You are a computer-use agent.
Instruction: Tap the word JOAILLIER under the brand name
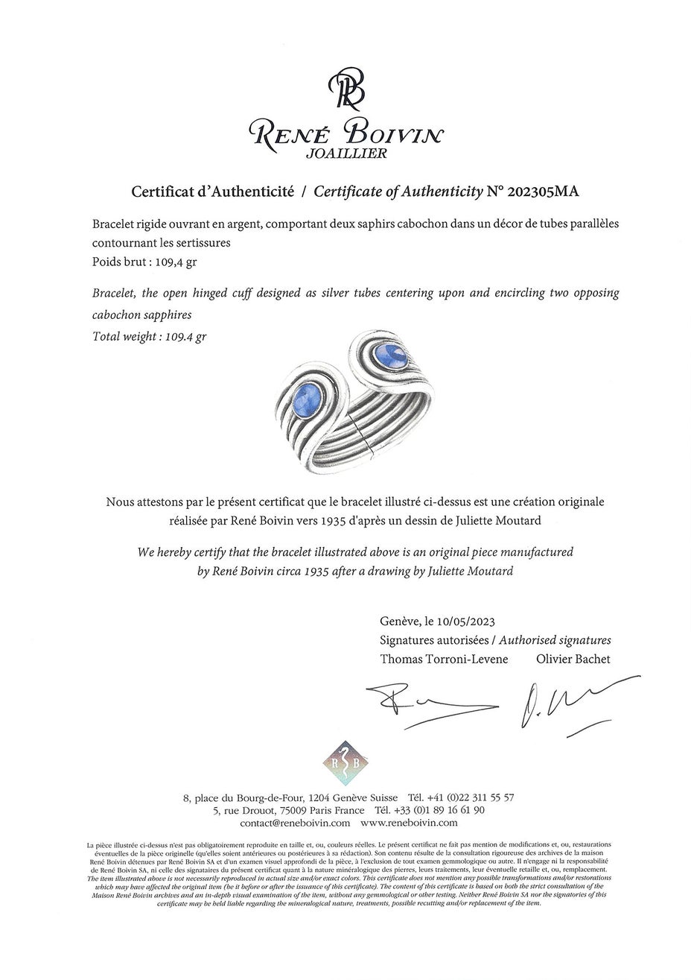(x=346, y=154)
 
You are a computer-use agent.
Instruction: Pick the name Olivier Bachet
(x=573, y=659)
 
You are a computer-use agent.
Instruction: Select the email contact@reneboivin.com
(x=295, y=823)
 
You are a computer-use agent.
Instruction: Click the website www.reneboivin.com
(x=409, y=823)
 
